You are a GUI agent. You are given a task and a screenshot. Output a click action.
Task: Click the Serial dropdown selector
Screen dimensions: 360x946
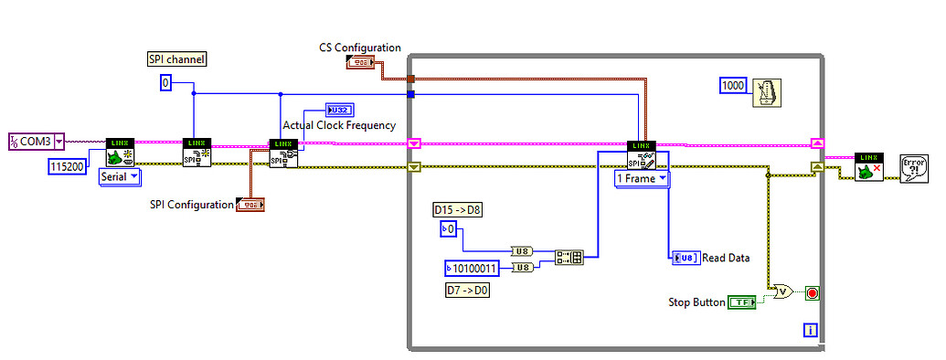(x=118, y=176)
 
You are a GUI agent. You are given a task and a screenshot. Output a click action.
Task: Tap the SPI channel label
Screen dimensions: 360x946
(x=176, y=59)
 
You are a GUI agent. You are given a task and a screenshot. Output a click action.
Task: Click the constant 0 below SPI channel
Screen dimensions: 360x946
(x=165, y=83)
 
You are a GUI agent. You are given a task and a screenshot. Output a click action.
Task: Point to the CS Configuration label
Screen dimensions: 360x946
(x=359, y=48)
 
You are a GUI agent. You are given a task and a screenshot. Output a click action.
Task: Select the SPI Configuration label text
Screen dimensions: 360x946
(x=191, y=205)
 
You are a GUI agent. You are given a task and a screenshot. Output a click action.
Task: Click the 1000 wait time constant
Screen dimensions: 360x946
(x=733, y=85)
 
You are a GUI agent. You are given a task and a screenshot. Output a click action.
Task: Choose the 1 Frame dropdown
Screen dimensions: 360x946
(x=642, y=179)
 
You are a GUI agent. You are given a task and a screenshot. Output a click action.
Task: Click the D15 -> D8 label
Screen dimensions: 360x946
(x=457, y=211)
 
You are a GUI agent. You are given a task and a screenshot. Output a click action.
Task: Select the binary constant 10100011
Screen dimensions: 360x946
(x=473, y=268)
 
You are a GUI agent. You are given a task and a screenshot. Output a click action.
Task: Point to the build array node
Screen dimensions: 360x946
(x=569, y=258)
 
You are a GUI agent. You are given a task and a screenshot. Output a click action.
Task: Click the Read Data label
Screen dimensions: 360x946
(x=727, y=258)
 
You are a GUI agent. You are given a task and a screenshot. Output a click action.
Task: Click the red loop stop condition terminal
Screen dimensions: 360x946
(x=812, y=293)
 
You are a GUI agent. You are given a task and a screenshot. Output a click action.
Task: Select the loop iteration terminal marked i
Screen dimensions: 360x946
(x=809, y=329)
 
